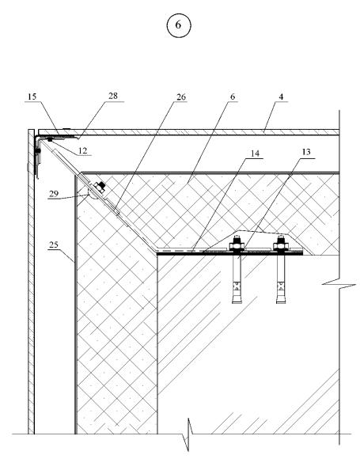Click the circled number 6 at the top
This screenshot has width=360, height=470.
point(178,25)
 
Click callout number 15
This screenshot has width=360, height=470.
point(32,97)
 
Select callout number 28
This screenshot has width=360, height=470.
point(113,96)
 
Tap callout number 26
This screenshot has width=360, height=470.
point(181,97)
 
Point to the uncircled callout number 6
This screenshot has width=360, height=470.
point(233,97)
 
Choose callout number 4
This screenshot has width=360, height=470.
point(281,97)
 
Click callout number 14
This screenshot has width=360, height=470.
point(255,154)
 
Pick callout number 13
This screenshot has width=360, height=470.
point(306,152)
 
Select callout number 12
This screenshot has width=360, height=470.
point(83,150)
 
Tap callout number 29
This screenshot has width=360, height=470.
point(54,194)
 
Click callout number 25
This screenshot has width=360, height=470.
point(54,245)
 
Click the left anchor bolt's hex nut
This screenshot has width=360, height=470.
point(237,246)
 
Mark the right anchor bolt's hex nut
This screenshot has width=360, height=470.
point(281,246)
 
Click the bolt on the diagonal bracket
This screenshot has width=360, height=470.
point(99,187)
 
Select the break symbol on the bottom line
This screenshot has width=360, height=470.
point(188,434)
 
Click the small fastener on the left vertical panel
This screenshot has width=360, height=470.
point(38,152)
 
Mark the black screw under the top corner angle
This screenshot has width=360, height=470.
point(50,139)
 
